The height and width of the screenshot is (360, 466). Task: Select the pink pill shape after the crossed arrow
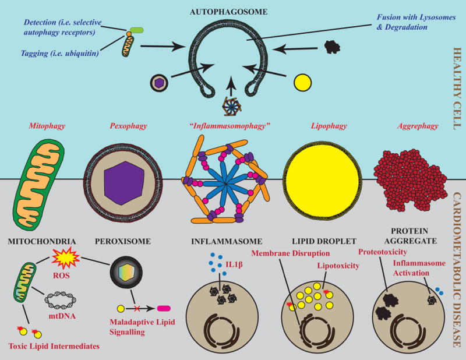click(x=164, y=309)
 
